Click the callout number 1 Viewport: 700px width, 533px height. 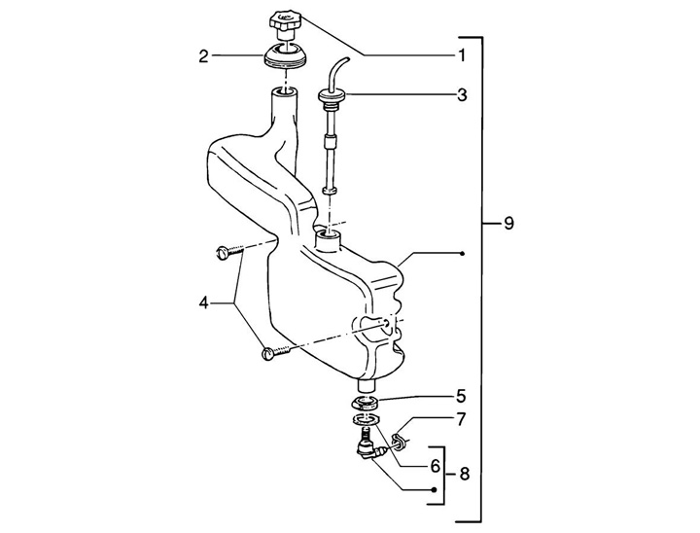pyautogui.click(x=461, y=55)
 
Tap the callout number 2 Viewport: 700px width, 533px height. pyautogui.click(x=203, y=56)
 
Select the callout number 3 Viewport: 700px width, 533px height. pyautogui.click(x=462, y=94)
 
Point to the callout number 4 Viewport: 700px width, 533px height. pyautogui.click(x=203, y=303)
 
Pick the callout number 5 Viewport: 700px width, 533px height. pyautogui.click(x=461, y=396)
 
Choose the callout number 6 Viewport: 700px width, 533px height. pyautogui.click(x=436, y=467)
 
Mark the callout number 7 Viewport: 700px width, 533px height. pyautogui.click(x=460, y=419)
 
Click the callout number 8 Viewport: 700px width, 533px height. pyautogui.click(x=465, y=474)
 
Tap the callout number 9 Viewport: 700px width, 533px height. pyautogui.click(x=508, y=223)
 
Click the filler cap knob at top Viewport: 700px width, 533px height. pyautogui.click(x=286, y=23)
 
